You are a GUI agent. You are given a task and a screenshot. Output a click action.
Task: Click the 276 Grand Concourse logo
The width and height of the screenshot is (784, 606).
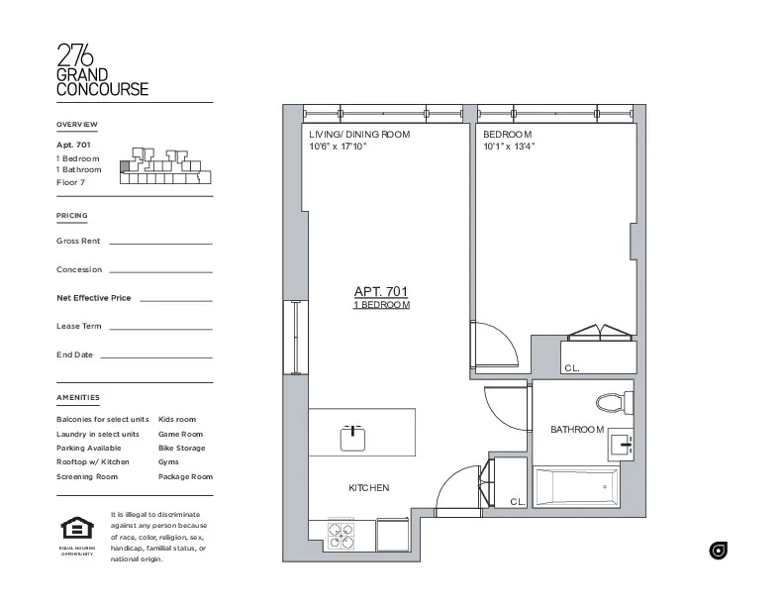[102, 69]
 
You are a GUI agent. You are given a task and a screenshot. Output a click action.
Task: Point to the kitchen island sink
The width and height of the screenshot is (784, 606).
[353, 437]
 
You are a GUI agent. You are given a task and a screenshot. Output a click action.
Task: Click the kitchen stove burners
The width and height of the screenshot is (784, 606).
[342, 535]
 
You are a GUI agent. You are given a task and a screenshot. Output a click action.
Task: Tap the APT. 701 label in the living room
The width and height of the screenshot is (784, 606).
[381, 291]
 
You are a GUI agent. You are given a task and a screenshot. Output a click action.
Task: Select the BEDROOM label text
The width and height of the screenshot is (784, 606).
[507, 134]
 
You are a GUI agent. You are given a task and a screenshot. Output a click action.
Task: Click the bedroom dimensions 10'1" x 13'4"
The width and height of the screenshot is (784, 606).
[509, 147]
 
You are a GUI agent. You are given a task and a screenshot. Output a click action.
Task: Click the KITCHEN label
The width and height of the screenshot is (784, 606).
[368, 487]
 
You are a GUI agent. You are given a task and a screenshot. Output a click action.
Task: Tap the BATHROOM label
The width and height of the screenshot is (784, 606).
[577, 429]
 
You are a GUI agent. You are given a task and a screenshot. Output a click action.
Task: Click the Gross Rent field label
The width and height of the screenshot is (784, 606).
[78, 241]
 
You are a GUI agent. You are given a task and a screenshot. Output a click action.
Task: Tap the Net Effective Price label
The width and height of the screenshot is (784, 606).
[94, 297]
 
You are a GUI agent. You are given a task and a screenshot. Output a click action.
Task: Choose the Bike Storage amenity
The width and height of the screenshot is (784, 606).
[182, 448]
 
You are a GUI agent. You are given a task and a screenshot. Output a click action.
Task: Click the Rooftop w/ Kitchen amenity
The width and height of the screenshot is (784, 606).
[93, 461]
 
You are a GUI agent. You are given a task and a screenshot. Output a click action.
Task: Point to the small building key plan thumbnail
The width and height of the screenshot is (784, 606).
[163, 166]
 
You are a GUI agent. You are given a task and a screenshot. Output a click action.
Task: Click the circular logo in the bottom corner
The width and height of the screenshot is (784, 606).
[719, 551]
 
